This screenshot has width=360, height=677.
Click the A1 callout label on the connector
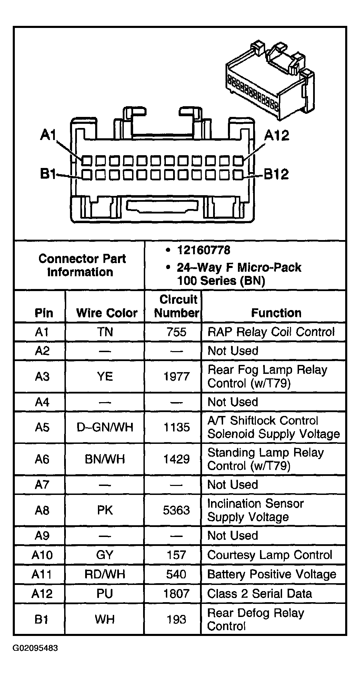[x=48, y=135]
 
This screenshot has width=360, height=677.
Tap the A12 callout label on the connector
[x=277, y=135]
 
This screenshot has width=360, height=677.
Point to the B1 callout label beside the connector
[x=48, y=174]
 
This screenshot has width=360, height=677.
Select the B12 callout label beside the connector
[x=276, y=174]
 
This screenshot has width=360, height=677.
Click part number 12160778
[x=204, y=250]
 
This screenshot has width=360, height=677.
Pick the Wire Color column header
[x=107, y=313]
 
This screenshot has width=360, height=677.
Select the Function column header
[x=276, y=313]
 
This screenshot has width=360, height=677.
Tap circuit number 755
[x=176, y=332]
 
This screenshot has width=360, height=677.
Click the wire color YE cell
[x=105, y=376]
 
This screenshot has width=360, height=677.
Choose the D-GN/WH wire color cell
[x=105, y=427]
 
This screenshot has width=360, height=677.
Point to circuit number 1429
[x=176, y=459]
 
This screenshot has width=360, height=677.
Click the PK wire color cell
[x=105, y=510]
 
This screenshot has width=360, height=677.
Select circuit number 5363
[x=176, y=510]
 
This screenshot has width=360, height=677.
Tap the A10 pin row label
[x=42, y=555]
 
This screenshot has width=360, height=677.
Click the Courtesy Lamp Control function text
[x=270, y=555]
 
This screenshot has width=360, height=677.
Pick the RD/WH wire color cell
[x=105, y=574]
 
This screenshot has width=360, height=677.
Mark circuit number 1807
[x=176, y=594]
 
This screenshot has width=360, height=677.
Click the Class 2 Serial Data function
[x=260, y=594]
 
